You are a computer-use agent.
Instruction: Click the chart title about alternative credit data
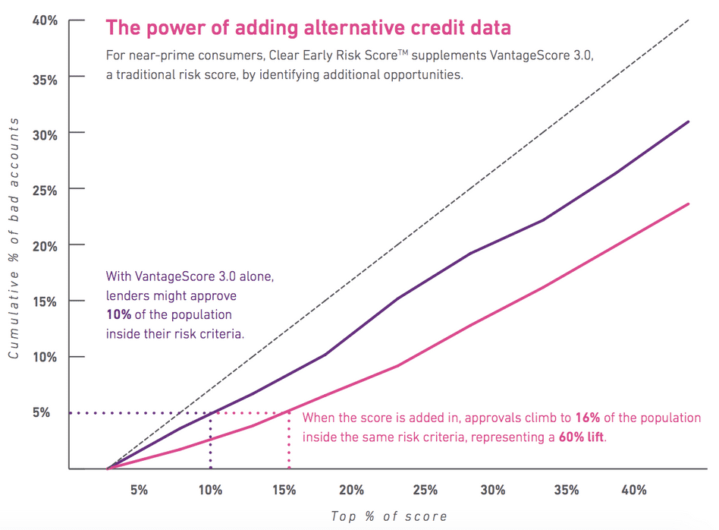(308, 28)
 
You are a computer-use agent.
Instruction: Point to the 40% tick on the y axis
(45, 21)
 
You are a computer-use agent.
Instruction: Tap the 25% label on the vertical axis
(45, 189)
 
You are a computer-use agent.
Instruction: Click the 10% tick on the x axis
(210, 490)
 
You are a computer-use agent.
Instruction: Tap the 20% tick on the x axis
(352, 490)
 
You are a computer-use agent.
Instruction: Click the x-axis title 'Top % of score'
(388, 516)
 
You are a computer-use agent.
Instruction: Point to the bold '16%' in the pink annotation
(587, 418)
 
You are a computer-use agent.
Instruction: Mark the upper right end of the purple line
(688, 121)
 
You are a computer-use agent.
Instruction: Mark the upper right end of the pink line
(688, 203)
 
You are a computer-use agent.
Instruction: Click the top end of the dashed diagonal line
(687, 21)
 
